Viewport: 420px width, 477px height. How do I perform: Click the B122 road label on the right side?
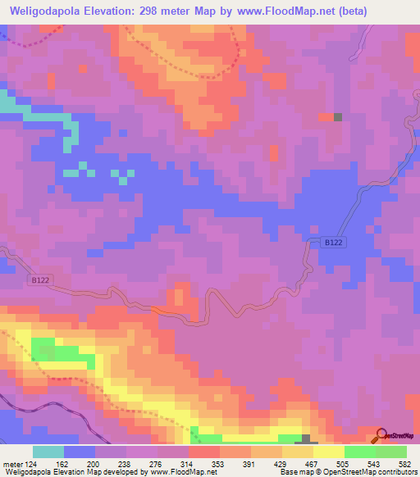[332, 243]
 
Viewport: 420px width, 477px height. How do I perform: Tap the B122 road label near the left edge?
[39, 280]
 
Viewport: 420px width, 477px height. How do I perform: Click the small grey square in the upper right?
[337, 116]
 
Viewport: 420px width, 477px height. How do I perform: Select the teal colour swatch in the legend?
[48, 452]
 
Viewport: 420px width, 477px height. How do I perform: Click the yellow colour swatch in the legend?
[328, 452]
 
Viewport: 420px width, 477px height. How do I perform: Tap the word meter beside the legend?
[11, 463]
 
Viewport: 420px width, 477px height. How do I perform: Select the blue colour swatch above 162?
[79, 452]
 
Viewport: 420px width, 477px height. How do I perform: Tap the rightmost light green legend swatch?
[390, 452]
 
